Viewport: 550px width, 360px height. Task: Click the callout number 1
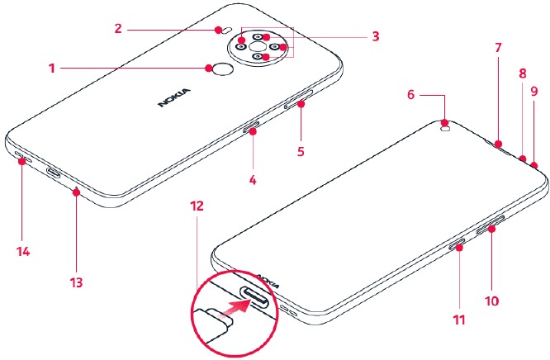click(52, 68)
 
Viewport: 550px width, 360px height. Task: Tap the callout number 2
click(118, 28)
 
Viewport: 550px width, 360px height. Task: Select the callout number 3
click(376, 36)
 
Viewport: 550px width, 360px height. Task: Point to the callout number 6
click(411, 94)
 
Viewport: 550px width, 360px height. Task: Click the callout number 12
click(197, 206)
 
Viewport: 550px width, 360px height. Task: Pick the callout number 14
click(23, 252)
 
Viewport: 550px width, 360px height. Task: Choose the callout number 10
click(491, 301)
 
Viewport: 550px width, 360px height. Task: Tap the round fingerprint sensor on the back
click(224, 70)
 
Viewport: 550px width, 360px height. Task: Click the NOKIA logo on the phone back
click(174, 97)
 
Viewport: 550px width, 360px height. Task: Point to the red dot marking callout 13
click(77, 192)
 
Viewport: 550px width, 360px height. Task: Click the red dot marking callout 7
click(498, 144)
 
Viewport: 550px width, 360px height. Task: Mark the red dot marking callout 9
click(534, 165)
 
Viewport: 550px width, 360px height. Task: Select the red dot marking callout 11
click(459, 248)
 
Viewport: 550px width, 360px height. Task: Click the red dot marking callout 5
click(301, 104)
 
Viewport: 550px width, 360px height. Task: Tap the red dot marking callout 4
click(253, 131)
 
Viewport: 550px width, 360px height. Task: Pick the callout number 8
click(523, 73)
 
